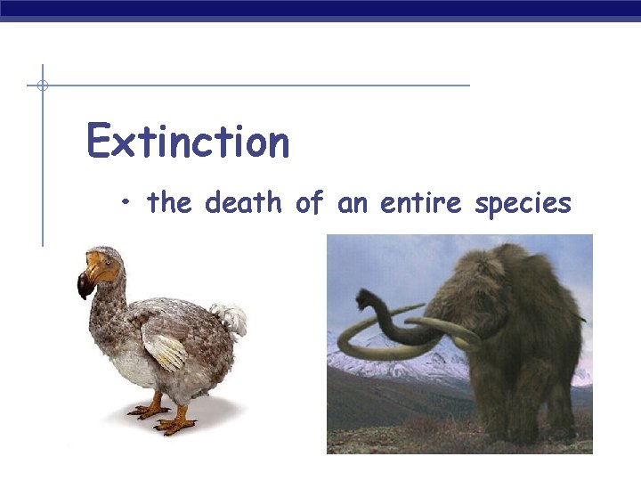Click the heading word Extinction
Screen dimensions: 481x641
tap(188, 143)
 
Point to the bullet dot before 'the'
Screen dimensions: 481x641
tap(129, 204)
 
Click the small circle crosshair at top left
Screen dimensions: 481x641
tap(42, 86)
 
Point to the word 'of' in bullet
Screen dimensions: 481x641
tap(308, 203)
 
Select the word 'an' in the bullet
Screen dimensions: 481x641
tap(352, 203)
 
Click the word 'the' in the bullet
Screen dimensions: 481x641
tap(169, 203)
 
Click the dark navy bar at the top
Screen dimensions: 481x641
tap(320, 8)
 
